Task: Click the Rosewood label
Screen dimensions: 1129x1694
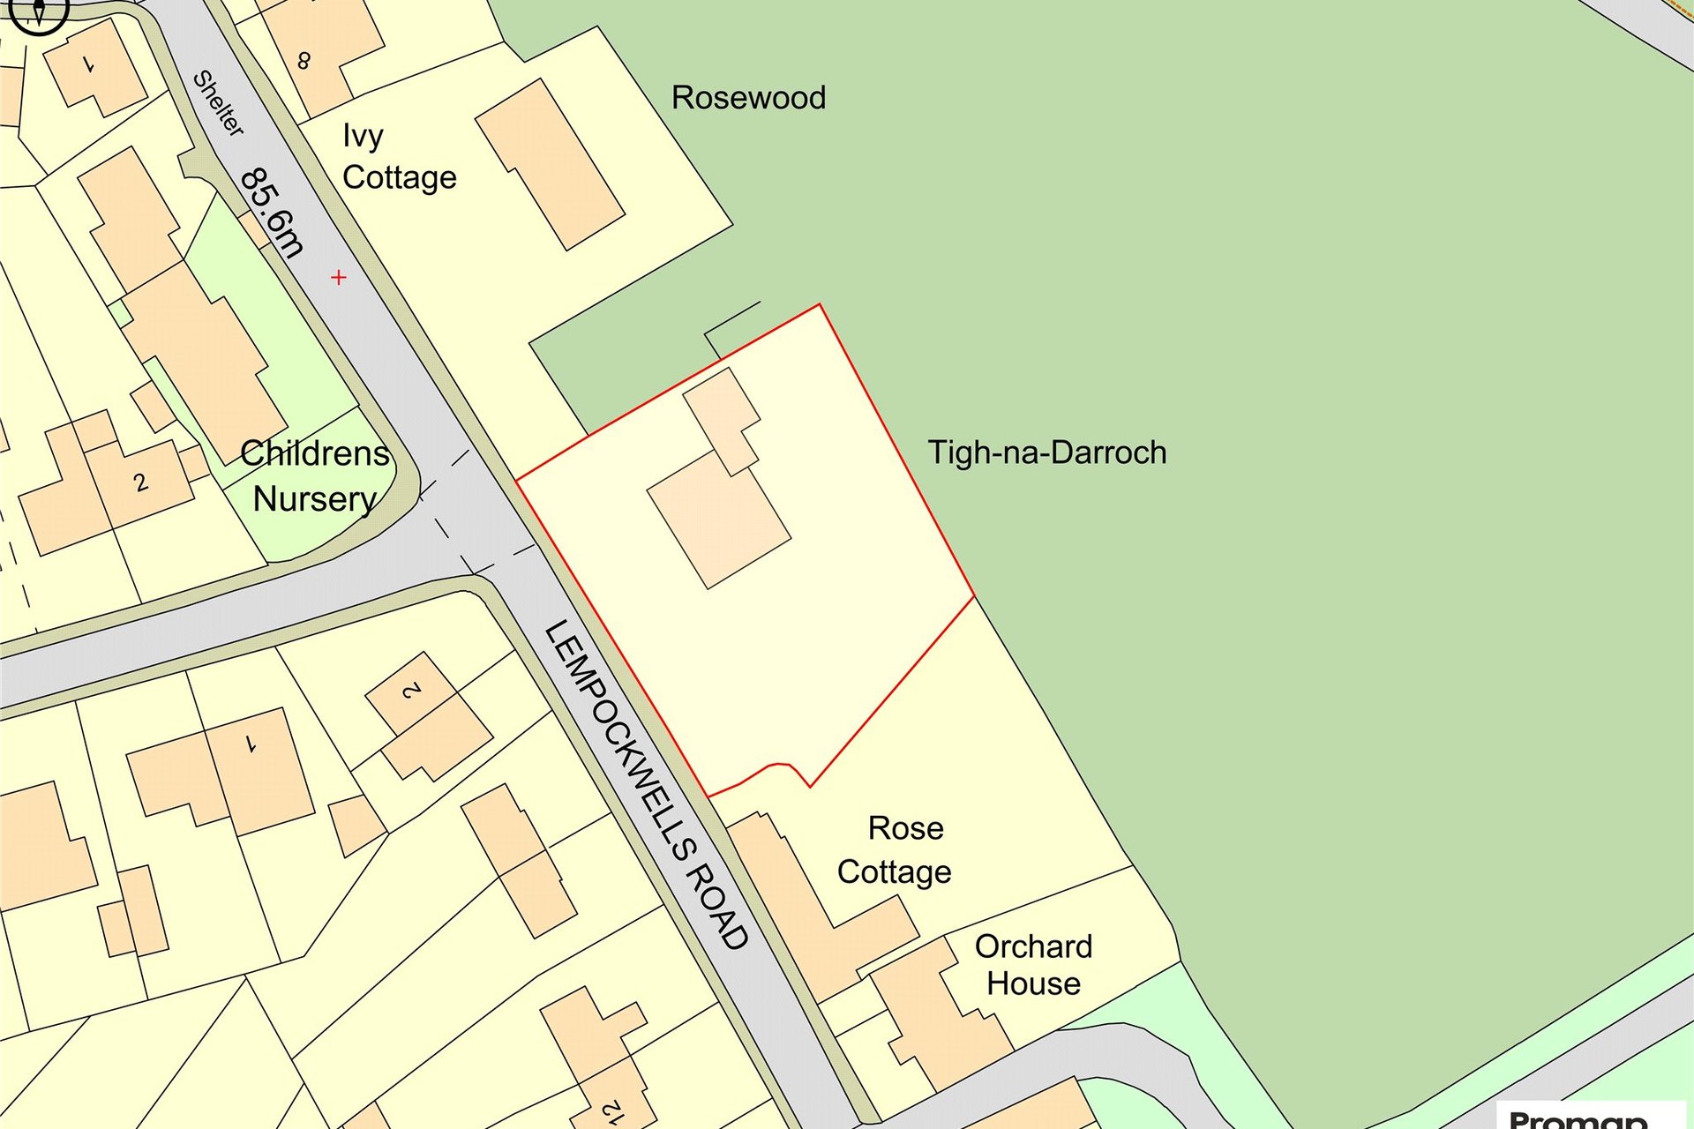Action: tap(748, 98)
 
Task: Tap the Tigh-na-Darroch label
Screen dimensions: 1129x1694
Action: tap(1046, 452)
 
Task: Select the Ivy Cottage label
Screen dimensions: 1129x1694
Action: tap(398, 157)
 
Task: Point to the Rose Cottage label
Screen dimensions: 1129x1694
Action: tap(895, 850)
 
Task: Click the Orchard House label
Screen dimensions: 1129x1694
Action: tap(1033, 965)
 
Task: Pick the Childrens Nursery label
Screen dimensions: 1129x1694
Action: tap(315, 476)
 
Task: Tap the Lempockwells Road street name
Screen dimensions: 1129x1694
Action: tap(647, 784)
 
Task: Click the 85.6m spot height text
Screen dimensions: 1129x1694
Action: tap(272, 212)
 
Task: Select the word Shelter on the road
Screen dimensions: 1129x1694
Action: tap(218, 103)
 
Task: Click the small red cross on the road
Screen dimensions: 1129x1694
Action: tap(339, 278)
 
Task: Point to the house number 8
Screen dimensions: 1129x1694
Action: tap(304, 61)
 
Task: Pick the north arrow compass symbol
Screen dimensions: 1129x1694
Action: tap(38, 12)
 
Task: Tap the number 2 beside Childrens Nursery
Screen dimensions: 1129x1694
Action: tap(140, 482)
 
